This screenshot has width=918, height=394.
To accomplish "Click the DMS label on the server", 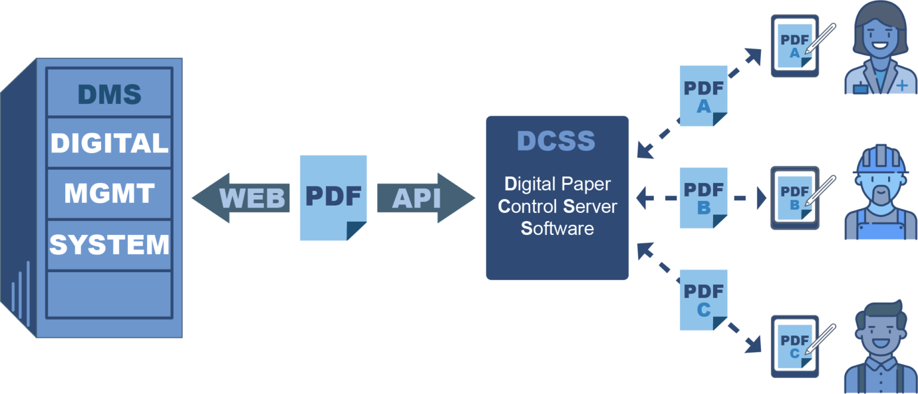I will (x=109, y=94).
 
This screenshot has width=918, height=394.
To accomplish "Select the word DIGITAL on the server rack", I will (x=109, y=143).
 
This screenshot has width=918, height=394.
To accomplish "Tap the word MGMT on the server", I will (x=109, y=194).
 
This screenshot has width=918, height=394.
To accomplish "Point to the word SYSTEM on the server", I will (x=109, y=245).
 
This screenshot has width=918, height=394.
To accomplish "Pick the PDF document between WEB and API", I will (x=333, y=198).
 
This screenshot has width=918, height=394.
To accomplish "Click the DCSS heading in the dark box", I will (x=556, y=141).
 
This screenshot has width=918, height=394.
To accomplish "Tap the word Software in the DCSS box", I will (x=558, y=228).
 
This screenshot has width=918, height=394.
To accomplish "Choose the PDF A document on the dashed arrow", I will (x=703, y=96).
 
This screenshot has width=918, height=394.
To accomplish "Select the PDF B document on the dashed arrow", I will (x=703, y=198).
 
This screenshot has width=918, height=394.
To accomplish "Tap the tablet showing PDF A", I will (x=794, y=45).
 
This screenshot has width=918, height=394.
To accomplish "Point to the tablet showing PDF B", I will (x=794, y=198).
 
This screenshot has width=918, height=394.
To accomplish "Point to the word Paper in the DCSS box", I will (x=586, y=184).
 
